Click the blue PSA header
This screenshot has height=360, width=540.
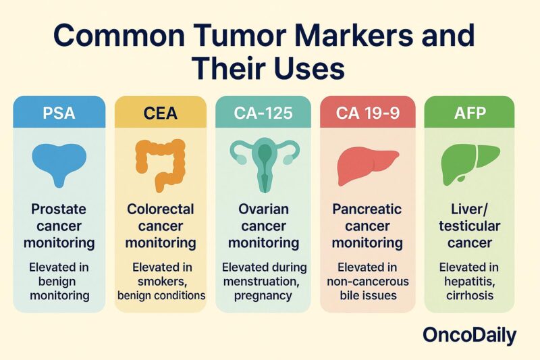pyautogui.click(x=59, y=112)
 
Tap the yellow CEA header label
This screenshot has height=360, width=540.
pyautogui.click(x=160, y=112)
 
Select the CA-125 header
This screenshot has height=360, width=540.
pyautogui.click(x=263, y=112)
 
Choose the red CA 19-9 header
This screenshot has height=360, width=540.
pyautogui.click(x=367, y=112)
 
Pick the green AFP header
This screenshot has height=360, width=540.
pyautogui.click(x=469, y=112)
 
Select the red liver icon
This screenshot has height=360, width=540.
pyautogui.click(x=367, y=165)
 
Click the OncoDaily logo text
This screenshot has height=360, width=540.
pyautogui.click(x=469, y=335)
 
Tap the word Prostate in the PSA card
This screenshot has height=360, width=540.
pyautogui.click(x=59, y=209)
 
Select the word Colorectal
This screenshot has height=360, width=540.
pyautogui.click(x=160, y=209)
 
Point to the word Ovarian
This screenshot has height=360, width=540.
pyautogui.click(x=263, y=209)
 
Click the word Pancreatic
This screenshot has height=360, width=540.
pyautogui.click(x=367, y=209)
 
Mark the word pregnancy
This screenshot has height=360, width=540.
pyautogui.click(x=263, y=295)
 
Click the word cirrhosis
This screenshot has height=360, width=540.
pyautogui.click(x=469, y=295)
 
